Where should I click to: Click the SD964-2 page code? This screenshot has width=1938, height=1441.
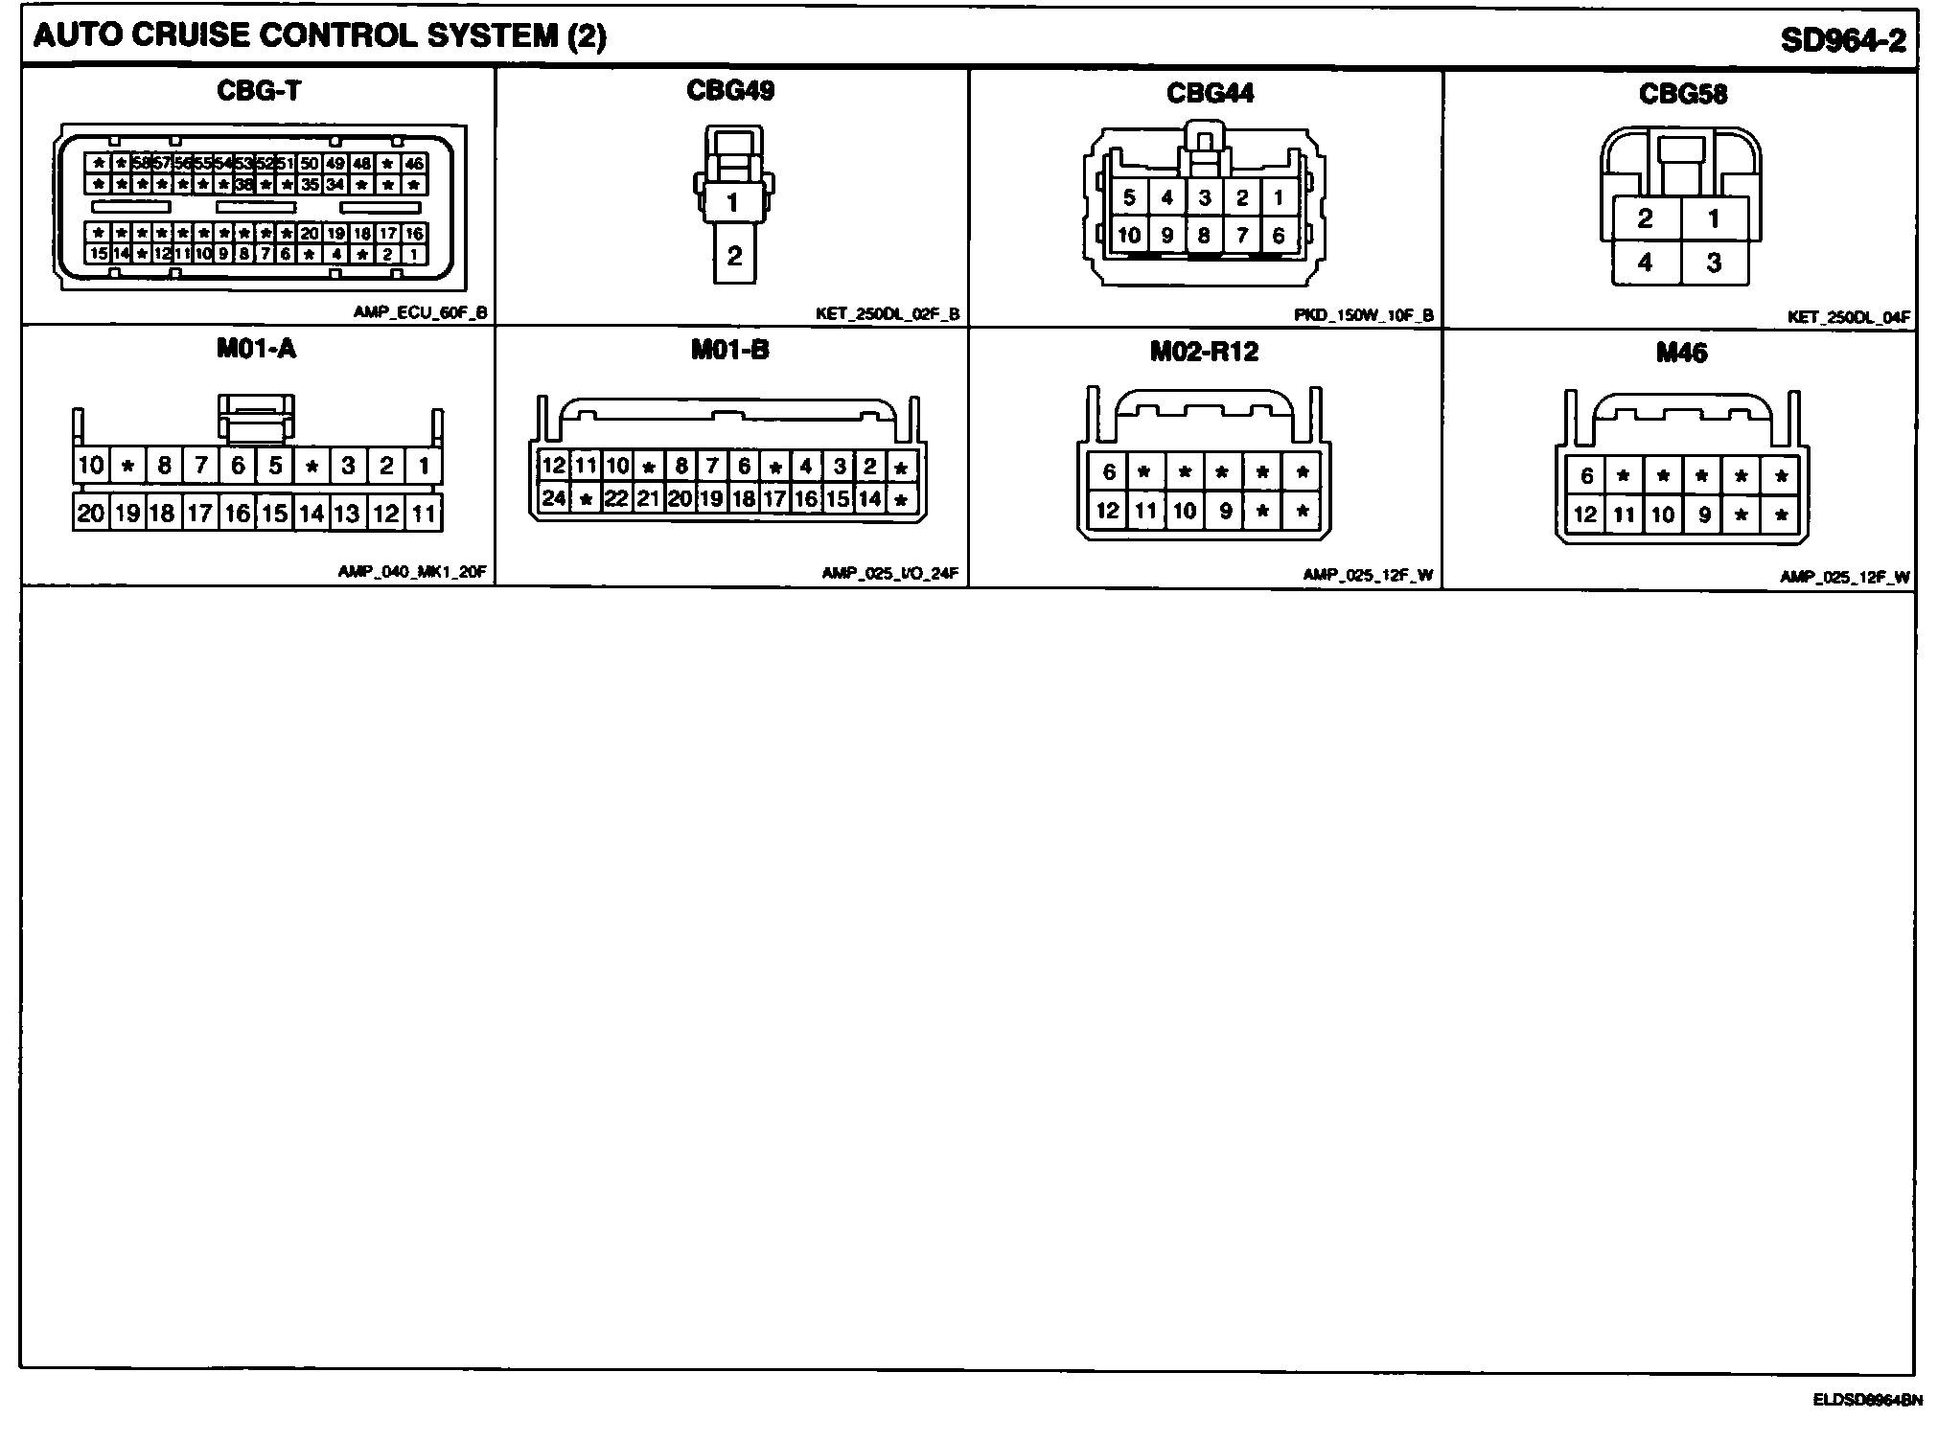point(1842,39)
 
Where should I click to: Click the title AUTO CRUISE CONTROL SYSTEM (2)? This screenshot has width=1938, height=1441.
point(319,36)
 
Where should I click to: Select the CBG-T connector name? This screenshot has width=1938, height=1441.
point(259,91)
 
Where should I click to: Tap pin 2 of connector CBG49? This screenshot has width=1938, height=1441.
point(734,256)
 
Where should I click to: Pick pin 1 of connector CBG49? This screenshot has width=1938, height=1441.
point(733,202)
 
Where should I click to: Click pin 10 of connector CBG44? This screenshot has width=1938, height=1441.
point(1129,235)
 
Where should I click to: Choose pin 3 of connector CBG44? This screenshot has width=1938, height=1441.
point(1205,198)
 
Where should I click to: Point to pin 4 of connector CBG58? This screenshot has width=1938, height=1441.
point(1646,262)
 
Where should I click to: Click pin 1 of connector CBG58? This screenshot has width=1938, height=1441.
point(1714,218)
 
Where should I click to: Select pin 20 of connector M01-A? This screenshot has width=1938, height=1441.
point(90,514)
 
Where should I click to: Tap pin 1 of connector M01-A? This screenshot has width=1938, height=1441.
point(423,467)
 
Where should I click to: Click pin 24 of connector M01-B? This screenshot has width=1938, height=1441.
point(554,498)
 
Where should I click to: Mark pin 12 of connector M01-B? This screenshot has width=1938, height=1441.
point(554,467)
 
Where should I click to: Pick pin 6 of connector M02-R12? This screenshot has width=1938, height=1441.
point(1109,471)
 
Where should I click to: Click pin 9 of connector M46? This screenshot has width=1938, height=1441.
point(1704,515)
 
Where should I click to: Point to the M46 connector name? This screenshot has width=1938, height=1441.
point(1681,354)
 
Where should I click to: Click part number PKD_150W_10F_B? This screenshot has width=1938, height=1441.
point(1363,315)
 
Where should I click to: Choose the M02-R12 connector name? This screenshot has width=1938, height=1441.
point(1204,352)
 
